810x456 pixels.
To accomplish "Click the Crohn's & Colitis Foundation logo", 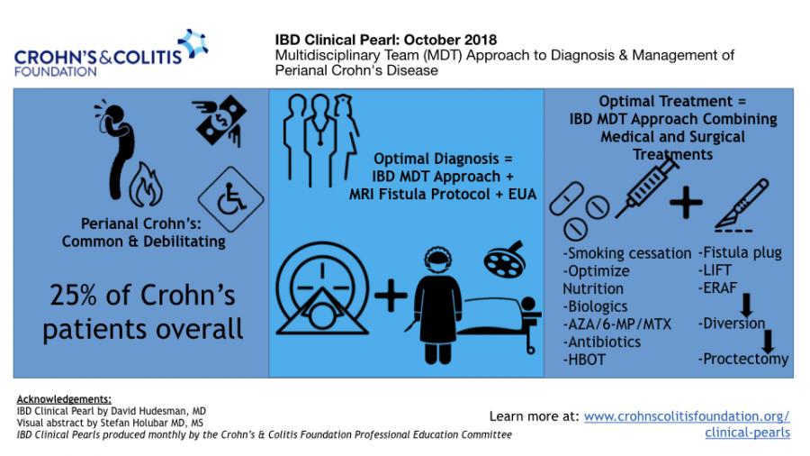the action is coord(111,53).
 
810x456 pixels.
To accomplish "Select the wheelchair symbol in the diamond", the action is coord(231,199).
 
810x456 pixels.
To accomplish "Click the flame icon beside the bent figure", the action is coord(146,185).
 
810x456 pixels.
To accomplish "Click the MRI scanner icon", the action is coord(322,288).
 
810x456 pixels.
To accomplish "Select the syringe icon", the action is coord(647,186).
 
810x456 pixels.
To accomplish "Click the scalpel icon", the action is coord(742,205).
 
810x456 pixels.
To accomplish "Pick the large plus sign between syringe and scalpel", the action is coord(686,202).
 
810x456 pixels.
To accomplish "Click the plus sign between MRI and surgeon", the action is coord(391,296).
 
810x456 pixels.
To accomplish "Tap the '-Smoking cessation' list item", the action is coord(627,253).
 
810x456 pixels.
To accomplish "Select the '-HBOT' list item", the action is coord(584,360).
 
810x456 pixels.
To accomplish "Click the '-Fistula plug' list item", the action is coord(740,252).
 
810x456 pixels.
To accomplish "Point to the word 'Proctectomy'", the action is coord(746,359).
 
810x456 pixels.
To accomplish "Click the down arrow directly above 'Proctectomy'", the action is coord(769,342).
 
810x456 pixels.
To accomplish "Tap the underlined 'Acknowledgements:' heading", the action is coord(64,399).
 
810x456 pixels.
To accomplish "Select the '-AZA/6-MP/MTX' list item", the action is coord(616,324).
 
